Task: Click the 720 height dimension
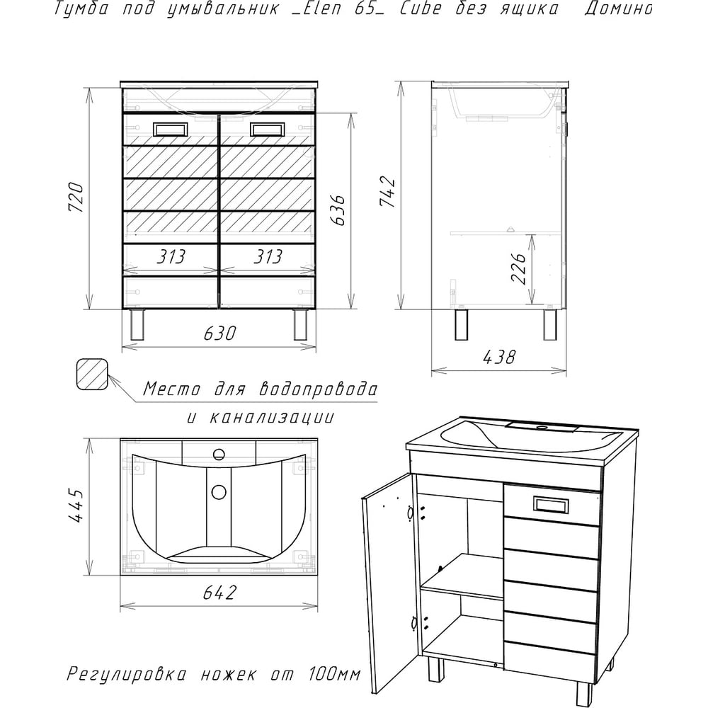(76, 198)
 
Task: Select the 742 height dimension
(387, 192)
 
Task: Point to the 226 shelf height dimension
(518, 268)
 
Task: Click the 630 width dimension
(219, 333)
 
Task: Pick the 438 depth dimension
(499, 358)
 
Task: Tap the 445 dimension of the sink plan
(76, 506)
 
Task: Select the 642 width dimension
(219, 593)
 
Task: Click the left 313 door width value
(171, 257)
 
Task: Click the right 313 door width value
(268, 257)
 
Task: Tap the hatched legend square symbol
(92, 375)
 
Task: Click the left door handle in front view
(169, 130)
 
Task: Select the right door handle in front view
(266, 130)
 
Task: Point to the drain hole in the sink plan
(219, 492)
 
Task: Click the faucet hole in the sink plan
(219, 455)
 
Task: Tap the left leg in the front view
(137, 325)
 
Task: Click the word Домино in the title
(618, 9)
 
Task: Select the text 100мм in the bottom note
(334, 675)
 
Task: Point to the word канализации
(272, 417)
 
